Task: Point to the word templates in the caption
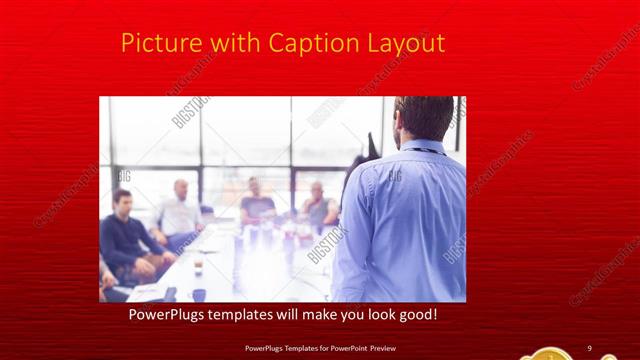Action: (258, 315)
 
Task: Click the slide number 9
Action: (590, 348)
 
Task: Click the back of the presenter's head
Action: (423, 117)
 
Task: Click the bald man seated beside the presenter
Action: (318, 205)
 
